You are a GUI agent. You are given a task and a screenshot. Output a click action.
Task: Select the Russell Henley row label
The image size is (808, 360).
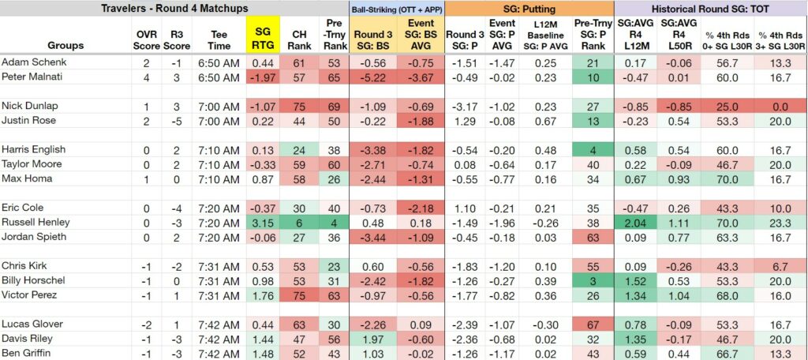[36, 223]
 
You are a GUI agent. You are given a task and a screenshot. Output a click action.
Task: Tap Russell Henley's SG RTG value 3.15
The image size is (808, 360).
[264, 223]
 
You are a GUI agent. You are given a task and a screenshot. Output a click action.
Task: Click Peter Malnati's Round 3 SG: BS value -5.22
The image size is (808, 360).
[373, 77]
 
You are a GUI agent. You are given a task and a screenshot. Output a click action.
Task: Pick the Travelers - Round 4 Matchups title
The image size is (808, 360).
[174, 8]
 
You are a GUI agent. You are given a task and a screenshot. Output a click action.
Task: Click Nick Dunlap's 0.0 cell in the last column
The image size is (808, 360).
[780, 107]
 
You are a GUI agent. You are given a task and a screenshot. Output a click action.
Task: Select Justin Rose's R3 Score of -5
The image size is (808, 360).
[176, 121]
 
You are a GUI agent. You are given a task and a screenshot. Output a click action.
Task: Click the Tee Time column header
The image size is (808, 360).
[220, 40]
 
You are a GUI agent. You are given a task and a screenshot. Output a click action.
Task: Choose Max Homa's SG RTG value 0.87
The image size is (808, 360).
[264, 179]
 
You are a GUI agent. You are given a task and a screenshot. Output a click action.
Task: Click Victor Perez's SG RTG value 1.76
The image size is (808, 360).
[264, 295]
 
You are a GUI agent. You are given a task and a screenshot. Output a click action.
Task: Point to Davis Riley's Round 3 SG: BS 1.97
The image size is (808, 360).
[373, 339]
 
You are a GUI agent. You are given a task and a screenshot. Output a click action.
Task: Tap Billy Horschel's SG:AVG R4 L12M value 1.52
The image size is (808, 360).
[634, 280]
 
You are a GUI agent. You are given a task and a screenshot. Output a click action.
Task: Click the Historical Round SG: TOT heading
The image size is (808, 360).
[711, 8]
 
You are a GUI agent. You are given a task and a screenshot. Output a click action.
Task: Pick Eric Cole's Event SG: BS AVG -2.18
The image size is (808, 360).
[421, 208]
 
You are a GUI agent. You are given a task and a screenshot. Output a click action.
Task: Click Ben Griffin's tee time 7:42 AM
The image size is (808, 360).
[219, 354]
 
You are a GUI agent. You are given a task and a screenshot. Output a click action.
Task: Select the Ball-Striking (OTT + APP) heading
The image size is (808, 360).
[397, 9]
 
